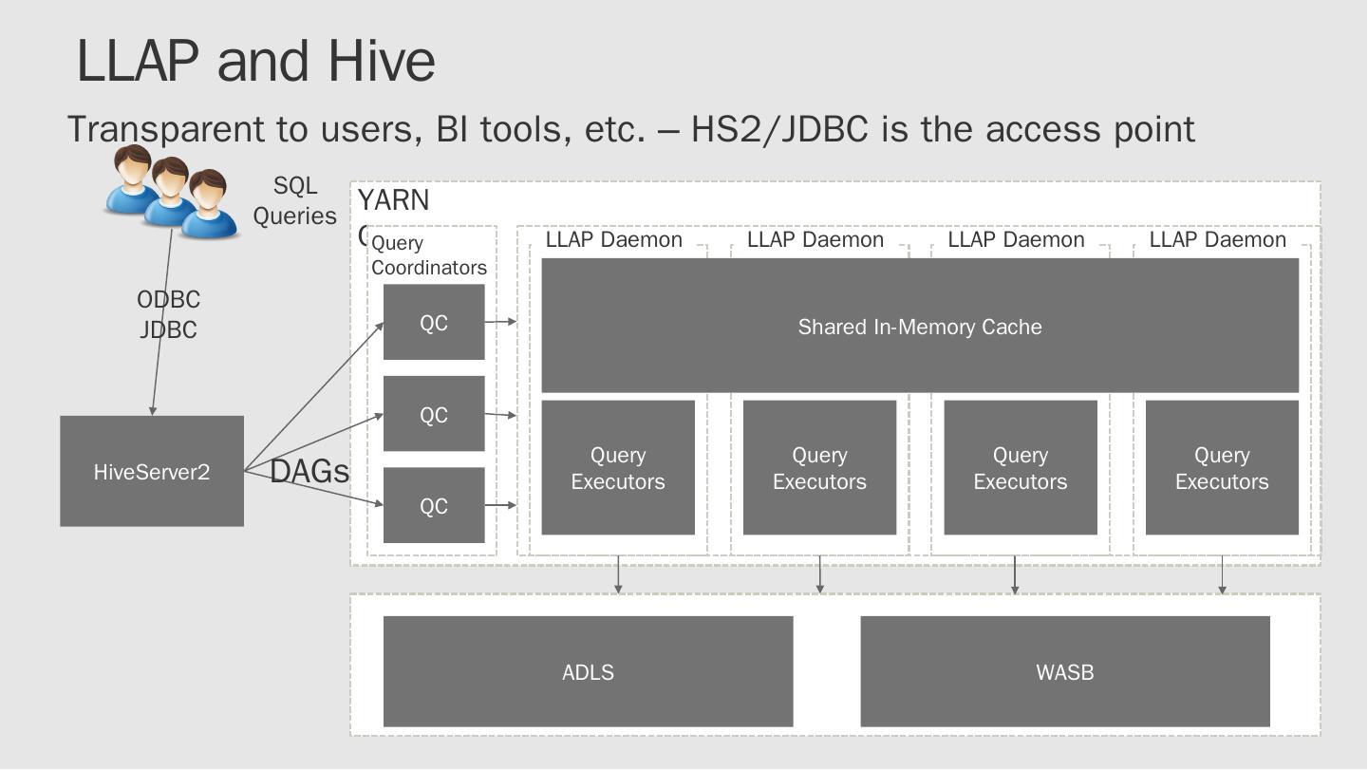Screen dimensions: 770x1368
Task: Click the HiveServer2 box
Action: point(152,471)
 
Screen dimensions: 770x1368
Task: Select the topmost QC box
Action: point(434,323)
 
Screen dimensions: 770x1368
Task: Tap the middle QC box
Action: point(434,414)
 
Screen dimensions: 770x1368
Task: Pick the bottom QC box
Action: point(434,505)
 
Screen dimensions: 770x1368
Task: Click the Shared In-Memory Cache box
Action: point(919,327)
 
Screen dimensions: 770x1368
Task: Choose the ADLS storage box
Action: point(588,671)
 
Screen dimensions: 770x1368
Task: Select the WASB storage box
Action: point(1064,671)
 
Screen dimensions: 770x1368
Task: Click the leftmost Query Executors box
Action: point(618,468)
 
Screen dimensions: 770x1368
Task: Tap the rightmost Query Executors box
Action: point(1222,468)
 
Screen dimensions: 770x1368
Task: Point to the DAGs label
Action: point(309,471)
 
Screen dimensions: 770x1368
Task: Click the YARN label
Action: point(393,200)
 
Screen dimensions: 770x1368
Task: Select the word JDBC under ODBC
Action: point(168,329)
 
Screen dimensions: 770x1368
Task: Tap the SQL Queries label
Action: point(294,200)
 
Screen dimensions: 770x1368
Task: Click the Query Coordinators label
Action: point(428,255)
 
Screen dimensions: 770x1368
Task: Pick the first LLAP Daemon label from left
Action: point(613,239)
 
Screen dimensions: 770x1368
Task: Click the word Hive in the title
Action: point(382,61)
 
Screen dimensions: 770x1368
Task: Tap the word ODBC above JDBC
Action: point(168,299)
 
